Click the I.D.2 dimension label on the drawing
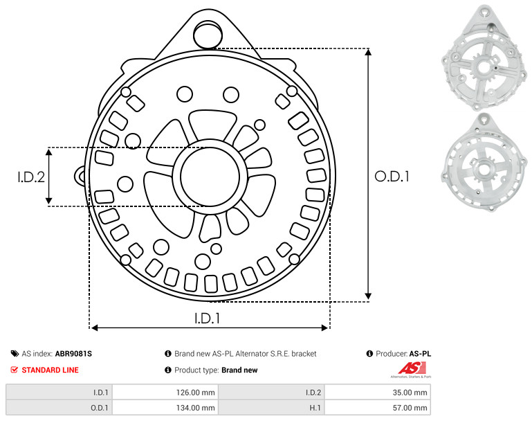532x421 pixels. tap(31, 177)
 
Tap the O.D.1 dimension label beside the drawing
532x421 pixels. tap(392, 177)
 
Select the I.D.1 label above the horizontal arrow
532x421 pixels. tap(207, 318)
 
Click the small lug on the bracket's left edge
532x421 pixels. tap(80, 176)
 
